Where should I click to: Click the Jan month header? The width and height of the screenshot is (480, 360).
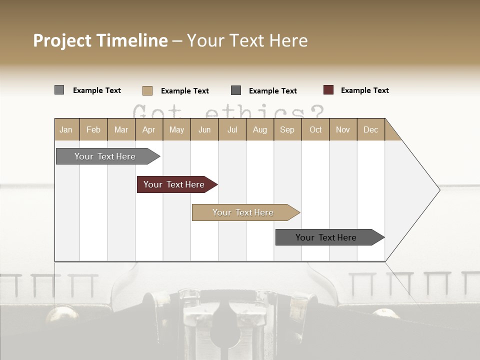tap(66, 129)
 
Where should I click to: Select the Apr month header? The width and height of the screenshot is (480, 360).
tap(148, 129)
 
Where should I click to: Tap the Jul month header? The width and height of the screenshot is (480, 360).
tap(232, 129)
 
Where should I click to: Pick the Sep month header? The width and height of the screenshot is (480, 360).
tap(287, 129)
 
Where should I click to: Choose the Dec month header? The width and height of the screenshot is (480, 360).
tap(370, 129)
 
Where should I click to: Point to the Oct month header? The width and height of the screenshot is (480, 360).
tap(315, 129)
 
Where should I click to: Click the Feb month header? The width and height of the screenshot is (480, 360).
tap(93, 129)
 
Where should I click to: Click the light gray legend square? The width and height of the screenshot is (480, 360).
tap(59, 90)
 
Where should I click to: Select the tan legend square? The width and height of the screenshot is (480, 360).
tap(147, 90)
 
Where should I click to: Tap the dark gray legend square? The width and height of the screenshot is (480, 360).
tap(236, 90)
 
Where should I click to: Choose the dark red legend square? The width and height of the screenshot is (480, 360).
tap(328, 90)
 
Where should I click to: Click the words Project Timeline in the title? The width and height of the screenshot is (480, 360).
tap(100, 40)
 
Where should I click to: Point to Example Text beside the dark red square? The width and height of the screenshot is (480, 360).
tap(364, 90)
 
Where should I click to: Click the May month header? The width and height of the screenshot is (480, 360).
tap(176, 129)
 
